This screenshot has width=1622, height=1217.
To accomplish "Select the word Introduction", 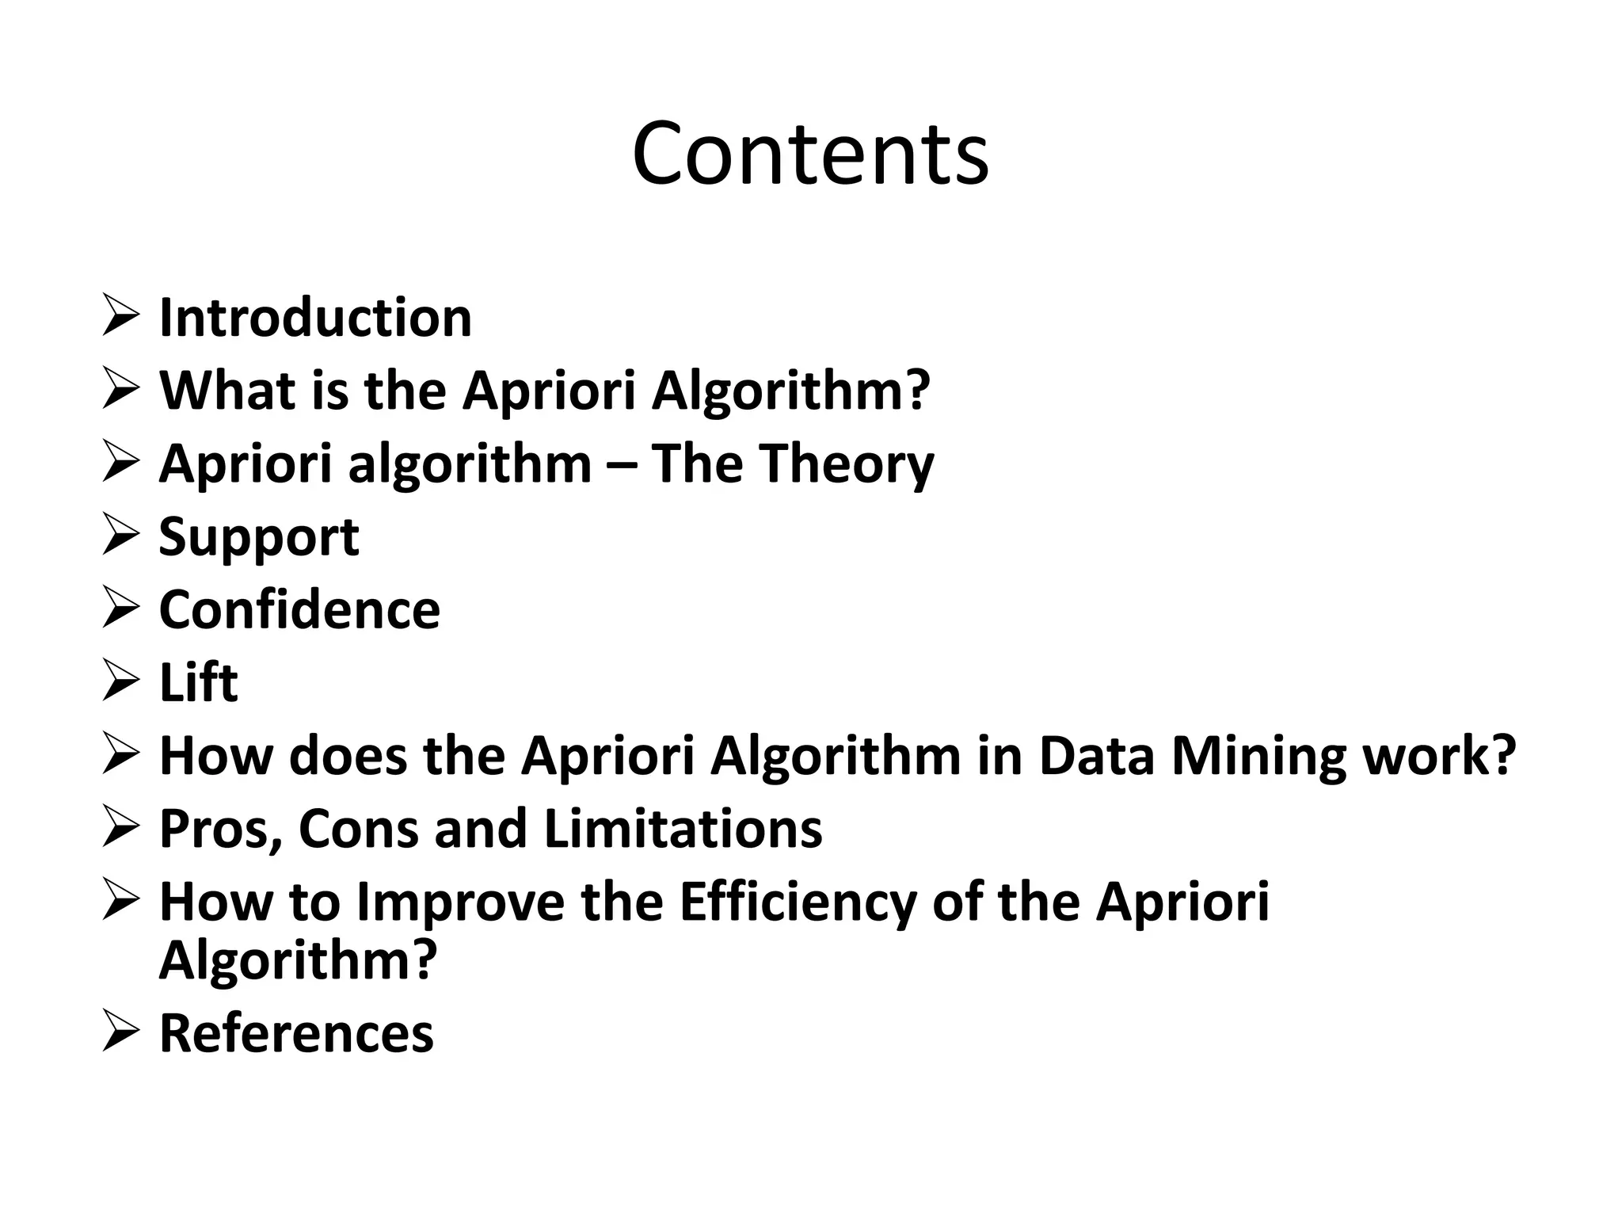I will (315, 319).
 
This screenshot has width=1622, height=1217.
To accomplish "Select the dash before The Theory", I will (622, 466).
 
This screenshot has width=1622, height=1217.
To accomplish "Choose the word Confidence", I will (299, 610).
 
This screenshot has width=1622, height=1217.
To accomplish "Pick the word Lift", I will (198, 683).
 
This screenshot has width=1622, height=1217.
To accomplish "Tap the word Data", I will (1096, 756).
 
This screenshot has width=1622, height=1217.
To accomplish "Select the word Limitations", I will (683, 829).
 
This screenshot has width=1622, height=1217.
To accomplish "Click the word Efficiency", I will (797, 903).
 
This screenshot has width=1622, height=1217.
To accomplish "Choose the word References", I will (296, 1033).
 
